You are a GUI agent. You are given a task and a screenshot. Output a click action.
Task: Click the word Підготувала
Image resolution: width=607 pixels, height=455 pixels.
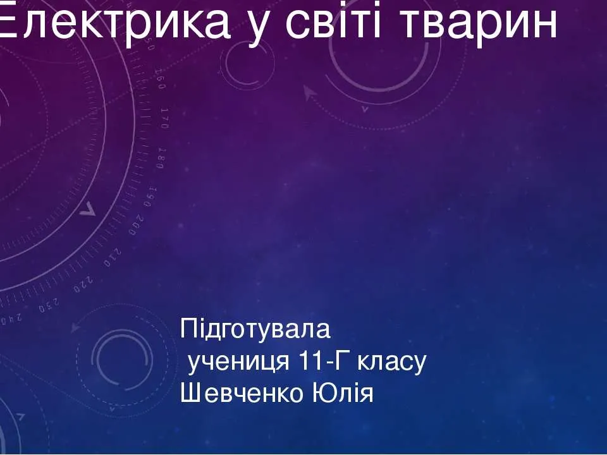click(255, 329)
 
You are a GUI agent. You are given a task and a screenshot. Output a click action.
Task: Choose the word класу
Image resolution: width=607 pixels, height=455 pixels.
click(391, 363)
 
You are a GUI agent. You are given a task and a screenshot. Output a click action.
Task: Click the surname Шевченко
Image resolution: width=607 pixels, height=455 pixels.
click(242, 393)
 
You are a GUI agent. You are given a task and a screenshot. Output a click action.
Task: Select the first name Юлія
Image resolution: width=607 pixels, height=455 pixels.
click(342, 393)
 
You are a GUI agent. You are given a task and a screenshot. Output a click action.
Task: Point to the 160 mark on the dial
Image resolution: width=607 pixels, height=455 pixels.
click(160, 80)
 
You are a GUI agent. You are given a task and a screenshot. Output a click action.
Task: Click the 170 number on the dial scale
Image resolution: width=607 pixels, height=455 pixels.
click(165, 119)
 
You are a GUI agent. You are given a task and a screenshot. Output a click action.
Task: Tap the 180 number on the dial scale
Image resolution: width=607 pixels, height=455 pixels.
click(162, 158)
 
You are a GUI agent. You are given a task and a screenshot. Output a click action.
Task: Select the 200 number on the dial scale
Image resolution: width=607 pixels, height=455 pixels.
click(137, 225)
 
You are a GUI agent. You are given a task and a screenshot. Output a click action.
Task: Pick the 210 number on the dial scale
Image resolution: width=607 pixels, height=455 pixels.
click(113, 258)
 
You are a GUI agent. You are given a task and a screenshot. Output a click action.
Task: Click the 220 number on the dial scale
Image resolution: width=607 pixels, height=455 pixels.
click(83, 284)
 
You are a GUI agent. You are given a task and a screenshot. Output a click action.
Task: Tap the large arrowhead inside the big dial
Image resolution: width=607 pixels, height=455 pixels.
click(88, 209)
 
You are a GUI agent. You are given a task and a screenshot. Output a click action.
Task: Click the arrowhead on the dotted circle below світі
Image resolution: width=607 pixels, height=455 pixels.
click(309, 93)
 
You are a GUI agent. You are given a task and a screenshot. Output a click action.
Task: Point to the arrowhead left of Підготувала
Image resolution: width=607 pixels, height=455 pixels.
click(75, 327)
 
